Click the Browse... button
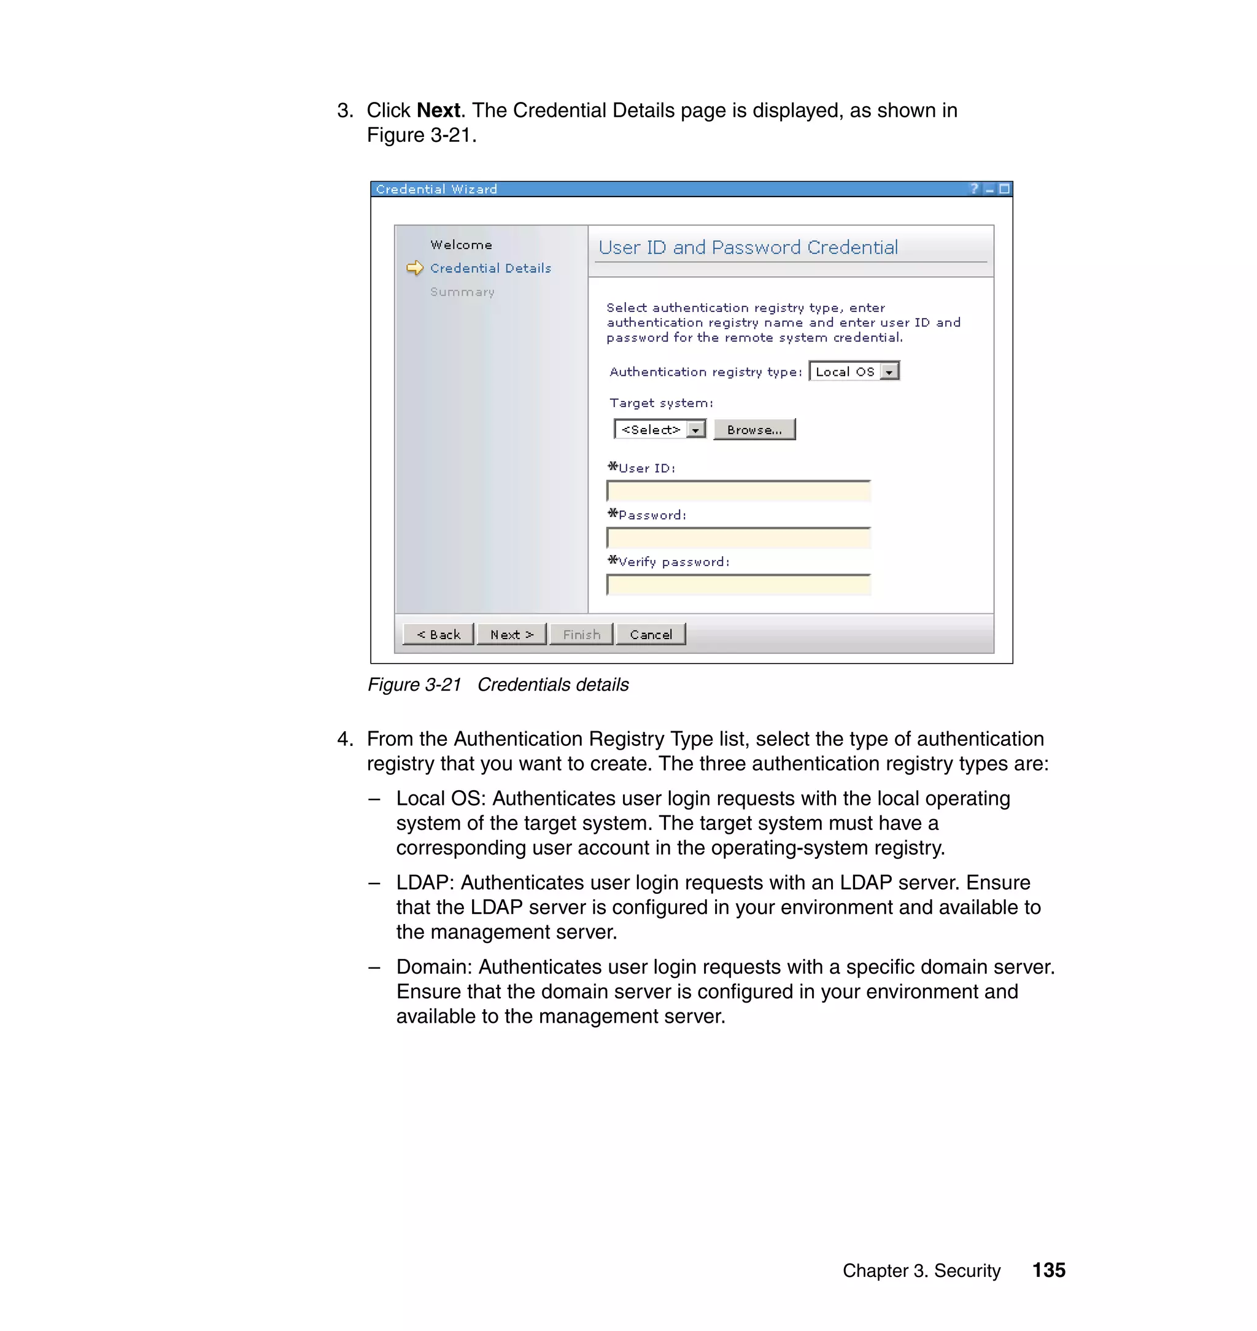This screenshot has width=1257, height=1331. coord(754,430)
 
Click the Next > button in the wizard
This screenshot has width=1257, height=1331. coord(511,634)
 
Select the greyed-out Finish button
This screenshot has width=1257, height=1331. coord(581,634)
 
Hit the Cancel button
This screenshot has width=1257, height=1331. coord(651,634)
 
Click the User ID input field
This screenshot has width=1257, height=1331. coord(738,491)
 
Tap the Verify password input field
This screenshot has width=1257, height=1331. coord(738,585)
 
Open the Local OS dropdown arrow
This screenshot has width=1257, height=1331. coord(889,372)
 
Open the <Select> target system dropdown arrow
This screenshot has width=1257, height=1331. coord(696,430)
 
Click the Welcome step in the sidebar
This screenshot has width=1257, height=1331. coord(461,244)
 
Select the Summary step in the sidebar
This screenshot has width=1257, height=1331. coord(462,292)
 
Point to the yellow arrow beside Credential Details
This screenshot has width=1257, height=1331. coord(415,268)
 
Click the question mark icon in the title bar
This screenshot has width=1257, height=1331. coord(974,189)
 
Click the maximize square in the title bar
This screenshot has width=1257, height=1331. coord(1004,189)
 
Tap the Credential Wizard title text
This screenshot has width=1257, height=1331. coord(436,190)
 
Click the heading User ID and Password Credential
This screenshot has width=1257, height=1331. coord(748,247)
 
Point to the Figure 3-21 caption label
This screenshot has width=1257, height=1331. coord(414,685)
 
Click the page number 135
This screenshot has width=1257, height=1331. coord(1048,1270)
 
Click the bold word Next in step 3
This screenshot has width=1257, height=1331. coord(438,110)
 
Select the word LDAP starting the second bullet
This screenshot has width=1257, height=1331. coord(425,883)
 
